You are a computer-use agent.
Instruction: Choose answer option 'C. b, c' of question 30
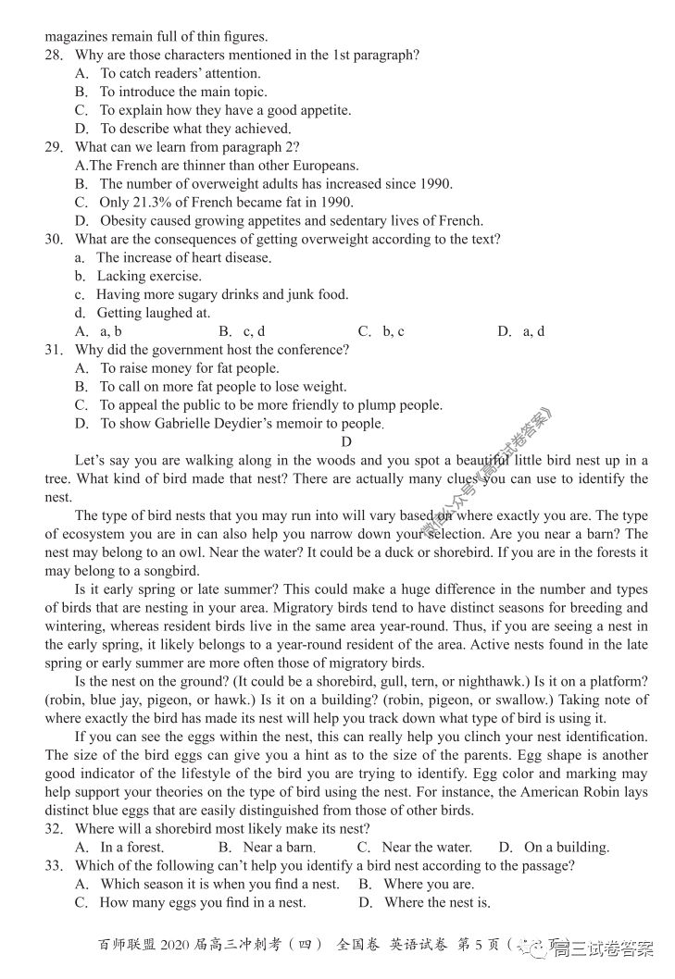[x=381, y=331]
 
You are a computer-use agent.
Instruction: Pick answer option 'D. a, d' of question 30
[x=520, y=331]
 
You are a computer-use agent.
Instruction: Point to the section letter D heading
[x=346, y=442]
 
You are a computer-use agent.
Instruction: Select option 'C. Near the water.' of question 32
[x=414, y=847]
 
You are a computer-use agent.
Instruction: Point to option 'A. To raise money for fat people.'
[x=176, y=368]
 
